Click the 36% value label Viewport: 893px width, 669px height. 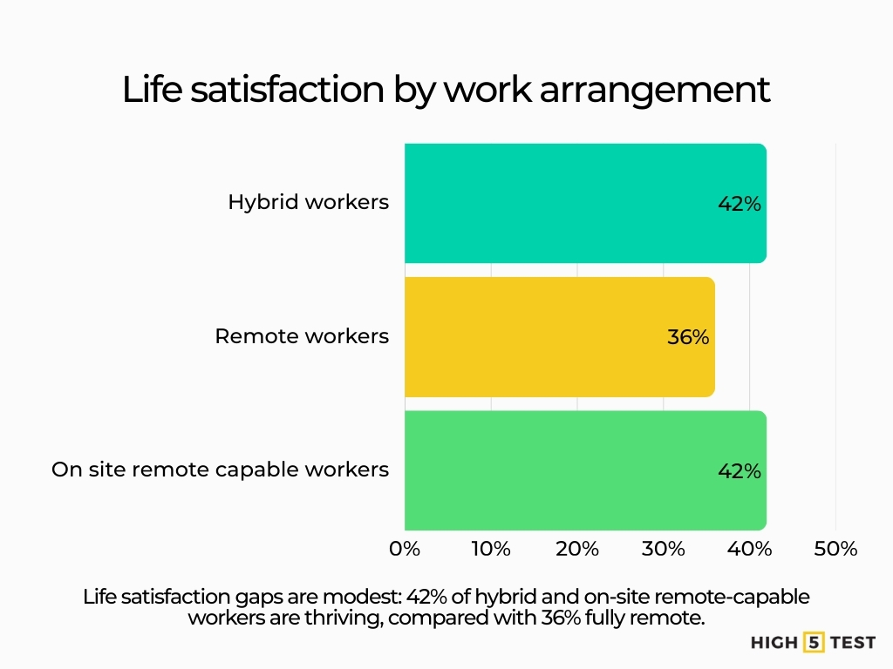point(688,337)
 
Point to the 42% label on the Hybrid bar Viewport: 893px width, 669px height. point(740,204)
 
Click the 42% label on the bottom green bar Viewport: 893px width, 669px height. point(740,471)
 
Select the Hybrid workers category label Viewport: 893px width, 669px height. point(308,202)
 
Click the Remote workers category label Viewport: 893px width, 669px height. point(302,336)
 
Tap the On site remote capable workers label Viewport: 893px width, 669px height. point(220,470)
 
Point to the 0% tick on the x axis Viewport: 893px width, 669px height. point(406,549)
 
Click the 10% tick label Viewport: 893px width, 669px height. point(491,549)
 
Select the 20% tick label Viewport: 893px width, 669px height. point(577,549)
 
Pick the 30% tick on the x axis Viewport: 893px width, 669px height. point(664,549)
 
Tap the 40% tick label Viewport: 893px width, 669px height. point(750,549)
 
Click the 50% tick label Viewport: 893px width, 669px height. point(835,549)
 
